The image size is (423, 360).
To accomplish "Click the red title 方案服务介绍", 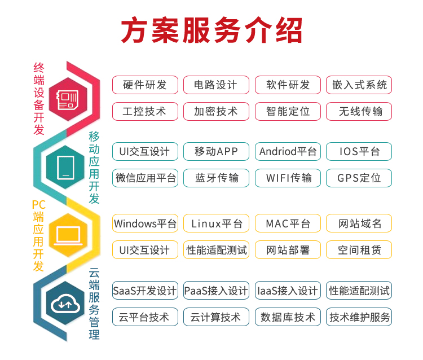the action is pyautogui.click(x=211, y=30).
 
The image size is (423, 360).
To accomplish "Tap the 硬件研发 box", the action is pyautogui.click(x=145, y=85).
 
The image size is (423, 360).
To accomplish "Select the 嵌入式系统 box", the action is pyautogui.click(x=359, y=85).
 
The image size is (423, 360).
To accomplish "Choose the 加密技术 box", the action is pyautogui.click(x=216, y=112).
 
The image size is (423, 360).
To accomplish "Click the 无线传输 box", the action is pyautogui.click(x=359, y=112).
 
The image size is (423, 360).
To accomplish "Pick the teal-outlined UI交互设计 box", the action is pyautogui.click(x=145, y=151).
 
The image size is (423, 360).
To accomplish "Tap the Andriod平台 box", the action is pyautogui.click(x=288, y=151).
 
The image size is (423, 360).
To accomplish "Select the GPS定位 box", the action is pyautogui.click(x=359, y=178).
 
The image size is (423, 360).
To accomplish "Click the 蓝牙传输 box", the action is pyautogui.click(x=216, y=178).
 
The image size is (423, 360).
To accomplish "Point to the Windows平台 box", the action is pyautogui.click(x=145, y=223).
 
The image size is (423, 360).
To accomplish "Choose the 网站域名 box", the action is pyautogui.click(x=359, y=223).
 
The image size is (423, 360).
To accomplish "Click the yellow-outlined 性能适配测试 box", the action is pyautogui.click(x=216, y=249).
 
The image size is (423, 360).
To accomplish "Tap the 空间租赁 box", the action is pyautogui.click(x=359, y=249).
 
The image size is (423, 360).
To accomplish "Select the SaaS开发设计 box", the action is pyautogui.click(x=145, y=291).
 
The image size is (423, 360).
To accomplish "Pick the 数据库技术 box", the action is pyautogui.click(x=288, y=317).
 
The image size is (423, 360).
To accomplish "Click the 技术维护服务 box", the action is pyautogui.click(x=359, y=317).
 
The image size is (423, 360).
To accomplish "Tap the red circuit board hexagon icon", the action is pyautogui.click(x=68, y=99).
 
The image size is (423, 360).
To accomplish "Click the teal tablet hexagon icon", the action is pyautogui.click(x=65, y=168).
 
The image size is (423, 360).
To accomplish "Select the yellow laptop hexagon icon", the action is pyautogui.click(x=68, y=235).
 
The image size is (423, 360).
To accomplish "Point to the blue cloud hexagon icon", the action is pyautogui.click(x=65, y=303).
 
